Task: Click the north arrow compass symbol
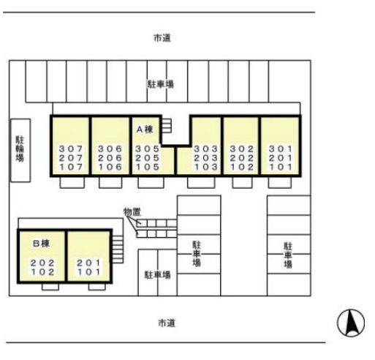351,323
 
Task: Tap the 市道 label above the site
162,38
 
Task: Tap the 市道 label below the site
167,323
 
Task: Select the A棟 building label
145,130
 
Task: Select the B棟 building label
41,244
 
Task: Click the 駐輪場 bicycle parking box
20,151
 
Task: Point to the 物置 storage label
132,212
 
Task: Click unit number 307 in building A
71,149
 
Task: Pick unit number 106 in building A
110,167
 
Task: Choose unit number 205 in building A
148,158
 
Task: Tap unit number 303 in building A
205,149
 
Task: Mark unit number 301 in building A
281,149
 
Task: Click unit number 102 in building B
42,272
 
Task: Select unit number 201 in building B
88,263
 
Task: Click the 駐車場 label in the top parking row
161,84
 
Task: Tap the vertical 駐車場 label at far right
288,255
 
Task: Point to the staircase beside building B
118,250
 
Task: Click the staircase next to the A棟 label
167,126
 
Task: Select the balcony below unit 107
72,182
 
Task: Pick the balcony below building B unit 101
97,287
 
